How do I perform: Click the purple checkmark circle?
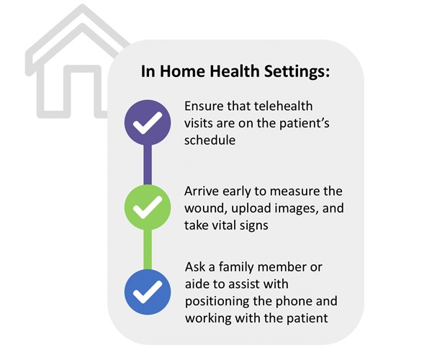tap(148, 123)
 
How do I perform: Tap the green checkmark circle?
tap(148, 208)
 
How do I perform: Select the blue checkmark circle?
tap(148, 292)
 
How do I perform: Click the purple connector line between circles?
tap(148, 166)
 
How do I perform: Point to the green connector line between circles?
tap(148, 250)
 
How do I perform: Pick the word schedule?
tap(210, 140)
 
